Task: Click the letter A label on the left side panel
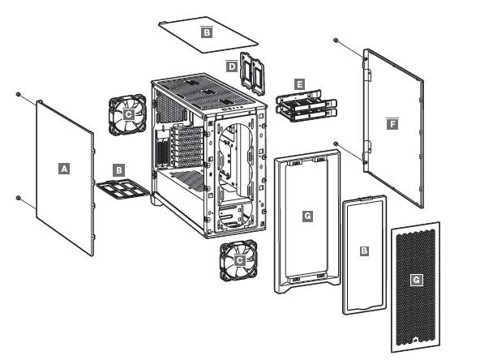[64, 168]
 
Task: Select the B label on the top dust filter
[206, 32]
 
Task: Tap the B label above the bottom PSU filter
[119, 170]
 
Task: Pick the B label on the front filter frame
[364, 252]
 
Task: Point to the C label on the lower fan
[239, 261]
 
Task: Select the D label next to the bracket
[231, 66]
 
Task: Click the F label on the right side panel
[392, 124]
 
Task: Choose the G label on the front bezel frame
[306, 216]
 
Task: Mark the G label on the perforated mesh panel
[416, 279]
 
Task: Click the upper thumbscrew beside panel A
[18, 94]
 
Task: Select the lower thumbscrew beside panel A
[18, 197]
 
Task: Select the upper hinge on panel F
[367, 74]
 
